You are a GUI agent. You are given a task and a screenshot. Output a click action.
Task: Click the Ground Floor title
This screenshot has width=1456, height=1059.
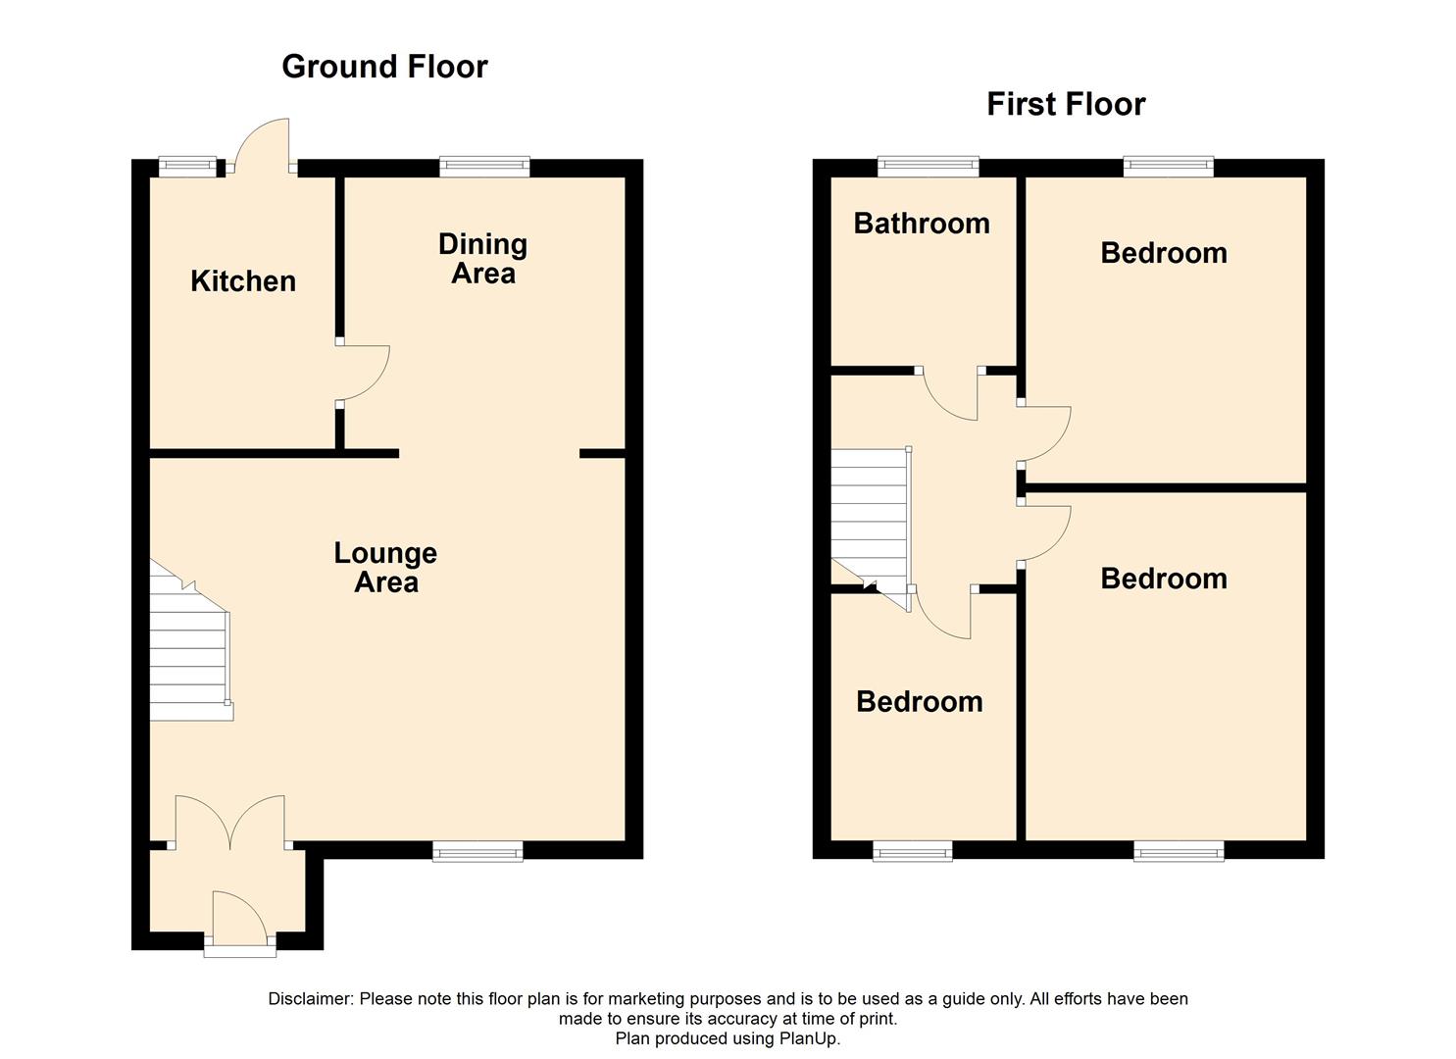click(384, 67)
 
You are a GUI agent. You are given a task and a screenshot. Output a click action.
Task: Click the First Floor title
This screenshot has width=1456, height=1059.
click(1066, 104)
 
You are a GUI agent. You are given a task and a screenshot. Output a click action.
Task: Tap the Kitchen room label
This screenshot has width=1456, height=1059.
click(243, 281)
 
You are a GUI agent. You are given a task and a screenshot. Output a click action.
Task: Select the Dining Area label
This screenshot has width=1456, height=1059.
click(482, 259)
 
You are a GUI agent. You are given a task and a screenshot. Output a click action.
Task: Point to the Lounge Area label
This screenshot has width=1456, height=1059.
click(385, 568)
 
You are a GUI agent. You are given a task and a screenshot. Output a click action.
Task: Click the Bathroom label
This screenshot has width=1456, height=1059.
click(922, 224)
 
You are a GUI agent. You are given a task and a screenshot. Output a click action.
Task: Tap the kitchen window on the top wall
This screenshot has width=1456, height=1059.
click(187, 166)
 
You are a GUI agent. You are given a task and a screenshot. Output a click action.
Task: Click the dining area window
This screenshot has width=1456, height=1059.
click(484, 166)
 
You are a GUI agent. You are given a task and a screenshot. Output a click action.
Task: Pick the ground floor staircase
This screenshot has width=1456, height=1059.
click(188, 647)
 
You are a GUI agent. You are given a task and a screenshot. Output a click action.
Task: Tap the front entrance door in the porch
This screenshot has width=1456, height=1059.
click(239, 922)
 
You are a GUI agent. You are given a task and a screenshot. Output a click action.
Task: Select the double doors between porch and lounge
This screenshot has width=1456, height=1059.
click(230, 824)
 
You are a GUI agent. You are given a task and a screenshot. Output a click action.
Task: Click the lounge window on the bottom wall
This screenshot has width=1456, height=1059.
click(477, 851)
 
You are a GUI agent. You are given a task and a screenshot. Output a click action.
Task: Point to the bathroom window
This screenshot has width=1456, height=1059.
click(928, 166)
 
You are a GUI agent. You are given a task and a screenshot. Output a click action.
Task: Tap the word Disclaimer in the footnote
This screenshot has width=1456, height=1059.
click(310, 999)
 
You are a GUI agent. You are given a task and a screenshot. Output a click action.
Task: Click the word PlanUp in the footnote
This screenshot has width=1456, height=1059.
click(808, 1038)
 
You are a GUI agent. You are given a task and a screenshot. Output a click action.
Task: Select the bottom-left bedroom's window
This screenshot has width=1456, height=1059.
click(912, 851)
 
